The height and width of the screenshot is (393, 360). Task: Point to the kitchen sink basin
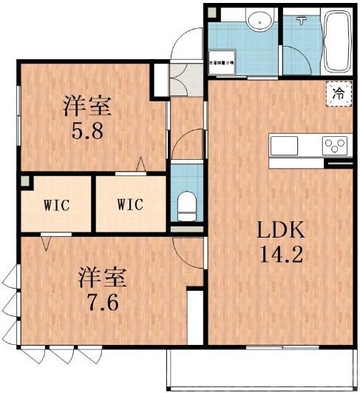tap(284, 144)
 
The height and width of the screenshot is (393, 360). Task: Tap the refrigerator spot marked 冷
tap(339, 94)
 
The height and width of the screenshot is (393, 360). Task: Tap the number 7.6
tap(103, 304)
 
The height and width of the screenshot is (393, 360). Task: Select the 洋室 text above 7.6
tap(103, 279)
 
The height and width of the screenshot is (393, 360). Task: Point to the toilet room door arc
tap(186, 141)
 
